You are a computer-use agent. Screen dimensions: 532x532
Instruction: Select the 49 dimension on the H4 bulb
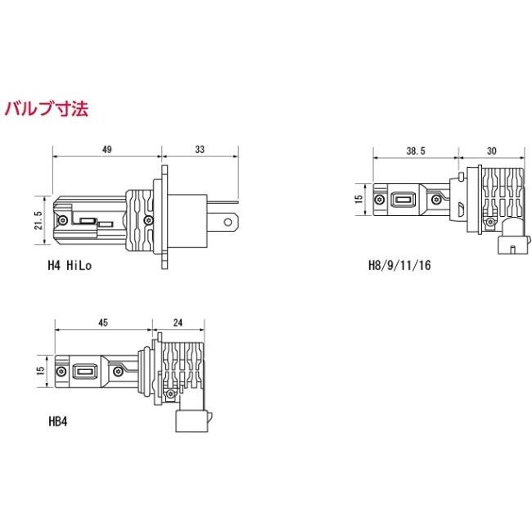coord(107,149)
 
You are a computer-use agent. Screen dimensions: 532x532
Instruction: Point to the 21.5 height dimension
coord(38,220)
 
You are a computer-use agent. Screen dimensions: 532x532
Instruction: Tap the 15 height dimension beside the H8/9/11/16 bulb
coord(358,200)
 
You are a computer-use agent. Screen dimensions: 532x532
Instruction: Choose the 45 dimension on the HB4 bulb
coord(103,322)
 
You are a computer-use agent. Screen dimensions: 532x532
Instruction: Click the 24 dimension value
coord(178,322)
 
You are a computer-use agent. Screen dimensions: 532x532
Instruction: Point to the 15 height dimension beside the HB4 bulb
coord(38,372)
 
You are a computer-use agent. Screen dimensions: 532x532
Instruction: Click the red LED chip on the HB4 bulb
coord(83,372)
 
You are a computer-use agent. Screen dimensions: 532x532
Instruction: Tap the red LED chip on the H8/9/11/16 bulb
coord(402,200)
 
